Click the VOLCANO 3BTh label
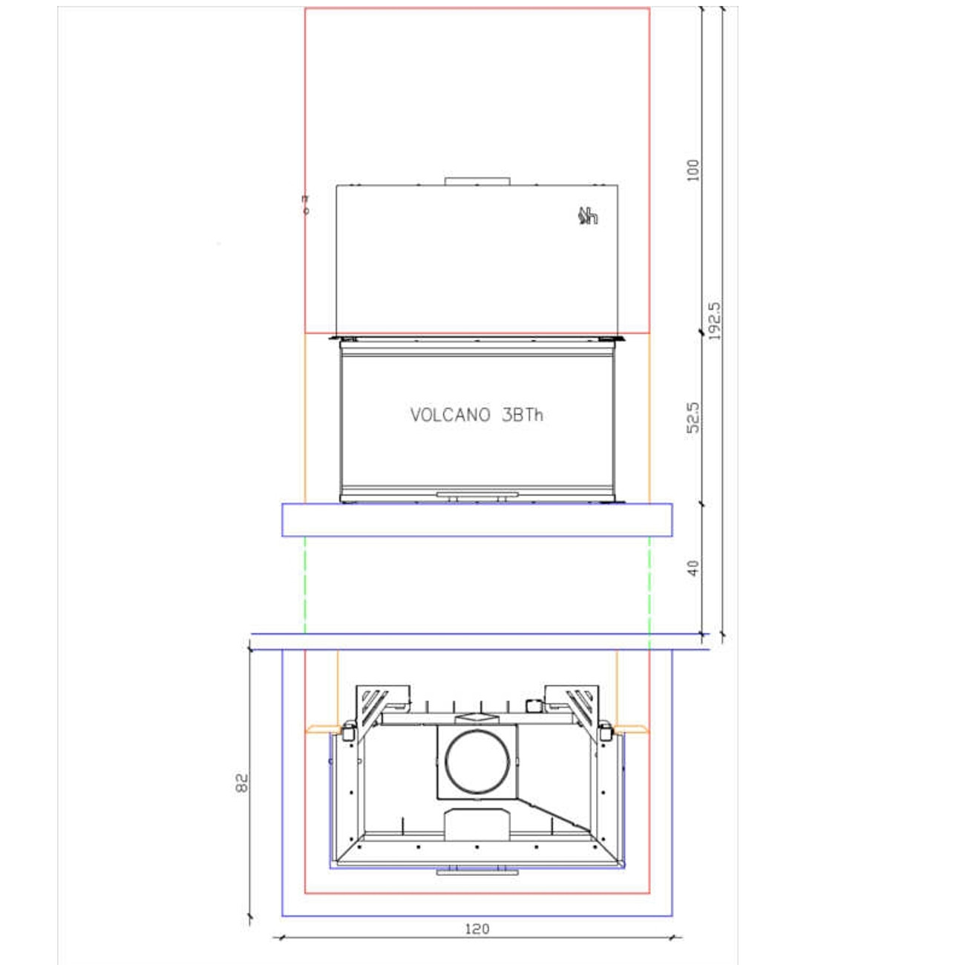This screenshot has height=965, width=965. [x=477, y=415]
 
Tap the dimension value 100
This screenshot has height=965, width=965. [x=693, y=170]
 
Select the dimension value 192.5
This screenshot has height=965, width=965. [x=714, y=321]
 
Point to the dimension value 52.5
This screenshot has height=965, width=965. [x=693, y=416]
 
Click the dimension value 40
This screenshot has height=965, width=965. [x=693, y=568]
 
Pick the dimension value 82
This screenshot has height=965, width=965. [x=241, y=782]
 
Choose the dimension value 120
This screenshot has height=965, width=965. [x=477, y=929]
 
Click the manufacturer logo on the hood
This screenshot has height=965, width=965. [x=588, y=216]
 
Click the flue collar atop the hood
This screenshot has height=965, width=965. [x=477, y=181]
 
